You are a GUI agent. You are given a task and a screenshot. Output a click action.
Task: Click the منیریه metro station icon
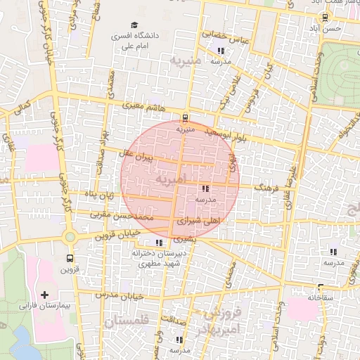coord(185,117)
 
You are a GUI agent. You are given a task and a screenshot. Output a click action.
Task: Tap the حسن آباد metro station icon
coord(324,18)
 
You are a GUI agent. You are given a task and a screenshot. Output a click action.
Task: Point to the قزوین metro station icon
coord(69,257)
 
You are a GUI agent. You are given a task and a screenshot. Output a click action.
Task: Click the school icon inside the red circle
coord(204,188)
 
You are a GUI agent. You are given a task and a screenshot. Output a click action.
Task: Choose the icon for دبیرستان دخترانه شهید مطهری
coord(157,243)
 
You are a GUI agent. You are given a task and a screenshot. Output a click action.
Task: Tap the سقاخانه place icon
coord(320,287)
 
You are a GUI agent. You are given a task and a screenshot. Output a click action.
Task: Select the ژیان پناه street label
coord(98,193)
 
